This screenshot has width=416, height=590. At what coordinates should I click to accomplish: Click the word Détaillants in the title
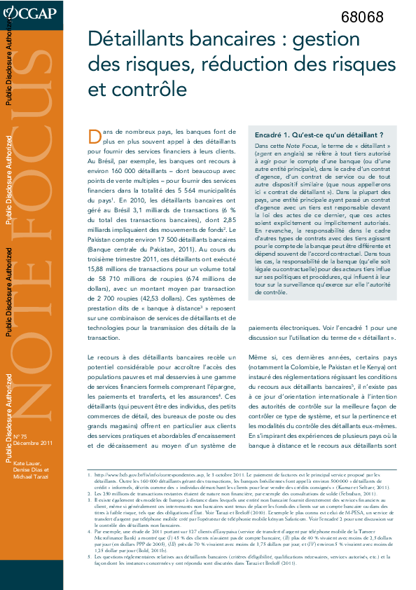[133, 40]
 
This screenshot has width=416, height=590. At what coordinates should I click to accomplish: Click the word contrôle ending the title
[148, 90]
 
